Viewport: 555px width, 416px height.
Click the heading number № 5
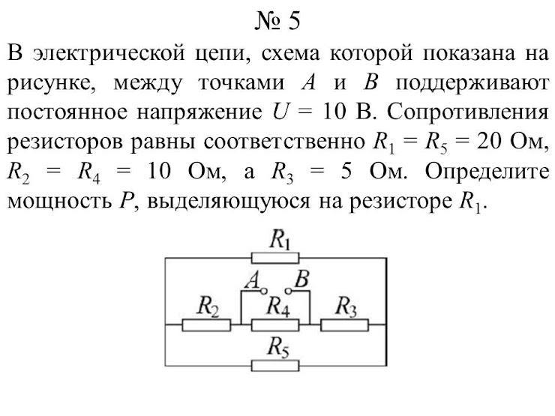[277, 20]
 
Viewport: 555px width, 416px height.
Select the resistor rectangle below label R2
[205, 324]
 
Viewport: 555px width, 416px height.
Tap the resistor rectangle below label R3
[344, 324]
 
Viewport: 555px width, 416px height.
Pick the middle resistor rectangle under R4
[275, 324]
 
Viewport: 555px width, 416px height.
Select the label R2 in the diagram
[207, 305]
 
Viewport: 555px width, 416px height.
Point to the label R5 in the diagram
[277, 346]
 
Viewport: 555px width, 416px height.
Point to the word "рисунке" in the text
[50, 84]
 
